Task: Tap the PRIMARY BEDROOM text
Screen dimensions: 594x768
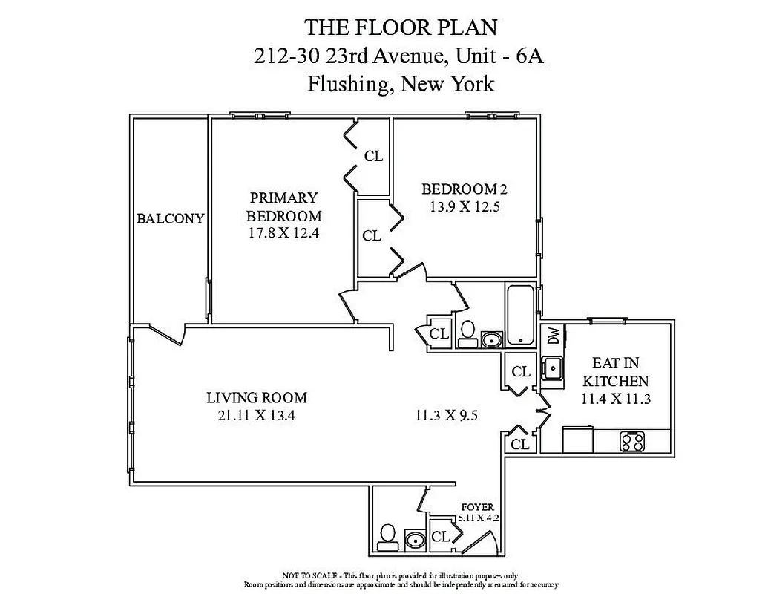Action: (x=283, y=207)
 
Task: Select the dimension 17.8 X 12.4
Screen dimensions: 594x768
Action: (x=283, y=232)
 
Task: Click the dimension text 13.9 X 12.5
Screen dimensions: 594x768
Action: (x=465, y=207)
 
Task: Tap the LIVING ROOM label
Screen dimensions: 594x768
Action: (x=256, y=397)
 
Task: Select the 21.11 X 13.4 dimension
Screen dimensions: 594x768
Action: (x=256, y=416)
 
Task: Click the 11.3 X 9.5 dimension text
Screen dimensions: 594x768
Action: (x=445, y=416)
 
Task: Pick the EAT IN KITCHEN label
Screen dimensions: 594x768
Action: (x=616, y=372)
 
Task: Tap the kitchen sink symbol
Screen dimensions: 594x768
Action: (x=551, y=368)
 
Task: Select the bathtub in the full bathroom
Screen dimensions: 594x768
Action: (x=522, y=316)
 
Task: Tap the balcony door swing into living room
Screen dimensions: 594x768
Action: (x=160, y=336)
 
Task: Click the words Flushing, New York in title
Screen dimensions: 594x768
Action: (x=400, y=83)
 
